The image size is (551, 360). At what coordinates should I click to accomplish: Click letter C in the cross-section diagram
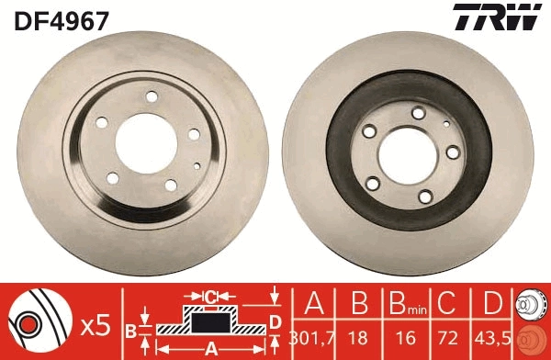point(210,297)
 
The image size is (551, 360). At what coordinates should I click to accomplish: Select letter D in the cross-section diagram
point(274,321)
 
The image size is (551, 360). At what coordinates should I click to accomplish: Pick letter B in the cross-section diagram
point(131,328)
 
